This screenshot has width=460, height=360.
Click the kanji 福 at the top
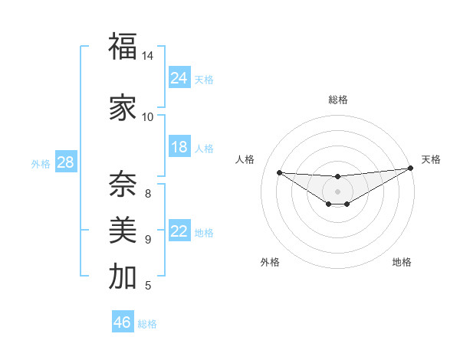point(123,47)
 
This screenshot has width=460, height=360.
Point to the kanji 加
point(123,277)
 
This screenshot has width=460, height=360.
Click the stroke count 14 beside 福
point(148,57)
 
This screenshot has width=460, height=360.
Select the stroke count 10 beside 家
point(148,117)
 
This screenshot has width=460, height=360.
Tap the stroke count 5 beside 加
point(148,286)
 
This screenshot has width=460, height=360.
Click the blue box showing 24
point(179,77)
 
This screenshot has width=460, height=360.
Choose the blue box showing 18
point(179,147)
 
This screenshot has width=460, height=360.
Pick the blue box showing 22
point(179,231)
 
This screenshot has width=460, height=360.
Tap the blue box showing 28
point(65,162)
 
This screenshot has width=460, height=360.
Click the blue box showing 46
point(123,322)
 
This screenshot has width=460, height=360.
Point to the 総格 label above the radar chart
point(337,100)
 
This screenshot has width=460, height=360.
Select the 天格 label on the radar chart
point(431,159)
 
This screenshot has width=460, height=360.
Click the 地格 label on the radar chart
point(402,262)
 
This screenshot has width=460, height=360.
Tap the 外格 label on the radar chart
point(270,262)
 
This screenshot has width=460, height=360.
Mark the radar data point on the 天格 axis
point(410,168)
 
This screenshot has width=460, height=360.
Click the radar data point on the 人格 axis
point(279,172)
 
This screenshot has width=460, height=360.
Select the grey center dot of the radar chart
point(337,191)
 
